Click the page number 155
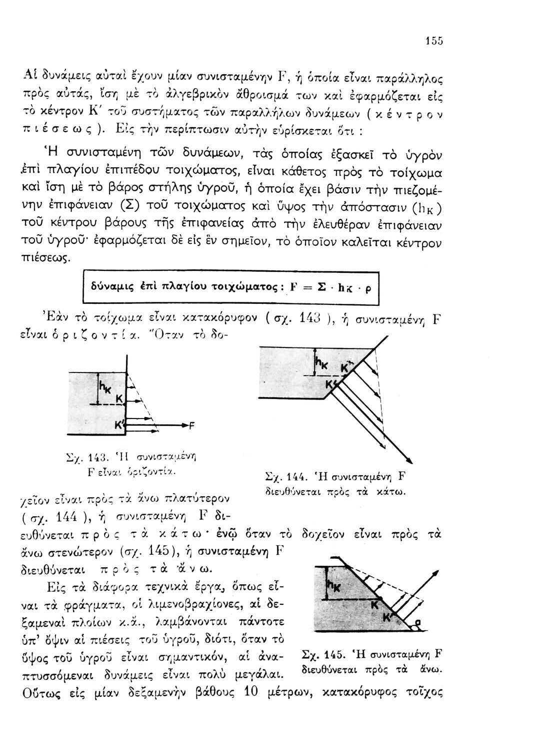[434, 42]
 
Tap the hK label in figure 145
[332, 584]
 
